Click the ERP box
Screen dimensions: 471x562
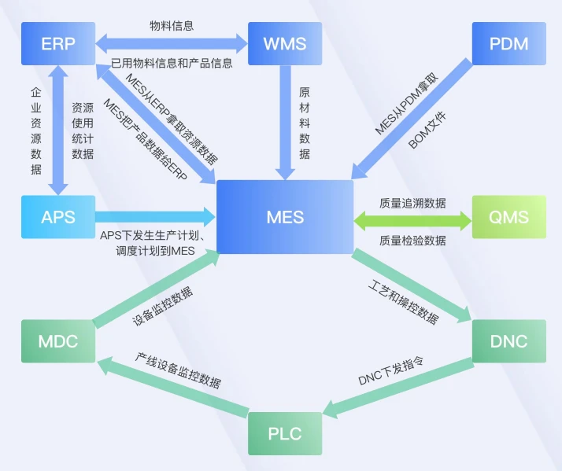[x=58, y=42]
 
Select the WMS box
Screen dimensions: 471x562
[x=286, y=42]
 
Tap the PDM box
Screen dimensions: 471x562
[x=509, y=42]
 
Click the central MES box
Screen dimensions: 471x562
[x=285, y=217]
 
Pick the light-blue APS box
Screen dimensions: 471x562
[x=58, y=217]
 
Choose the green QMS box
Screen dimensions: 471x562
[x=508, y=217]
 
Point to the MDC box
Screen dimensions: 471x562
[x=58, y=341]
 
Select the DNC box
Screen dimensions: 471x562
[x=508, y=341]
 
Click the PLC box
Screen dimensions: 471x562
[x=285, y=433]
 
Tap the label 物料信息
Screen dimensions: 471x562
[x=172, y=25]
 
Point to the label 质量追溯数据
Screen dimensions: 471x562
[x=412, y=203]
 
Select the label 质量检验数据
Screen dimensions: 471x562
[x=412, y=241]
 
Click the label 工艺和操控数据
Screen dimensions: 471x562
[x=403, y=301]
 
